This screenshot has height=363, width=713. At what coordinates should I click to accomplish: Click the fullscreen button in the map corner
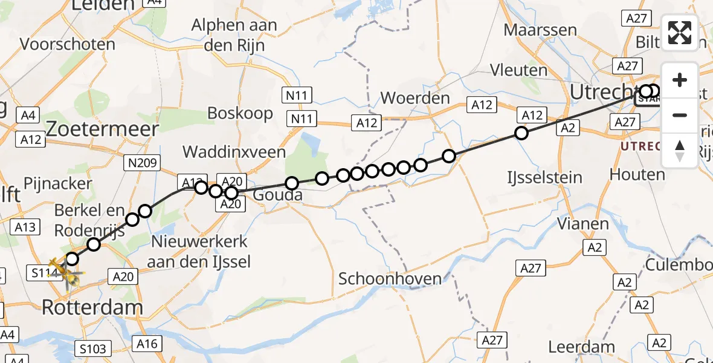coord(680,33)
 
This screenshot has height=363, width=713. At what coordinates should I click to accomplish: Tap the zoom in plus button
coord(680,80)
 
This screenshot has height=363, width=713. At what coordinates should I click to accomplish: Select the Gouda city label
coord(277,196)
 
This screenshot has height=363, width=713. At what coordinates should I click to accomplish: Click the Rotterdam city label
coord(92,307)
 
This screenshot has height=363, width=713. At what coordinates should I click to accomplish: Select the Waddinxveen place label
coord(234,152)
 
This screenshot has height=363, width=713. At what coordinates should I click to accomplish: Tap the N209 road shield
coord(143,162)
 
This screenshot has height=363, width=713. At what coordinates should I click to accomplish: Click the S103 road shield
coord(93,348)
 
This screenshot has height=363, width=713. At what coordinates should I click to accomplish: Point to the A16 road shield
coord(146,344)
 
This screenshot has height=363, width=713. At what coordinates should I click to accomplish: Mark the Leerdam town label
coord(582,347)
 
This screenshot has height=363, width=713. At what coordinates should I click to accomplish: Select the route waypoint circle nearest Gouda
coord(292,183)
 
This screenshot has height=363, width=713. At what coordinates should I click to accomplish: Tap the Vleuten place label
coord(519,70)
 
